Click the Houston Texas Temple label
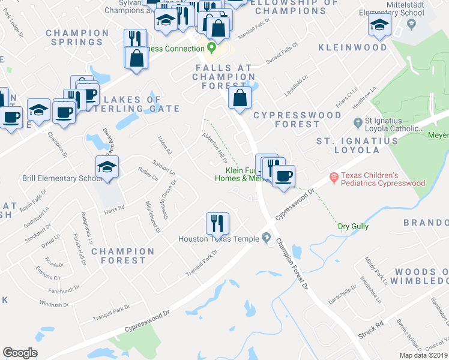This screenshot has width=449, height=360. (x=218, y=239)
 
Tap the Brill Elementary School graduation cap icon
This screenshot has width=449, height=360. (x=107, y=167)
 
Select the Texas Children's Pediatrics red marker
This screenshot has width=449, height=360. (x=334, y=178)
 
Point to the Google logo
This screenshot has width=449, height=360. (x=20, y=353)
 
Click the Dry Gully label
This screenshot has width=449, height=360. (x=353, y=227)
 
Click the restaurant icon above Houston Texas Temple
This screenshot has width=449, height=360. (x=216, y=223)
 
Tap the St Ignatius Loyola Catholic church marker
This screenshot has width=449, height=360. (x=358, y=123)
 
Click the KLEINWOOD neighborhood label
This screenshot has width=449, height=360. (x=352, y=47)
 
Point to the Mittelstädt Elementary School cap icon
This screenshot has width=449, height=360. (x=379, y=25)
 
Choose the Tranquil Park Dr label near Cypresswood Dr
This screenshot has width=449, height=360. (x=201, y=259)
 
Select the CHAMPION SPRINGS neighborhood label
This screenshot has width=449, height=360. (x=77, y=37)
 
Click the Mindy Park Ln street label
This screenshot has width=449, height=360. (x=373, y=269)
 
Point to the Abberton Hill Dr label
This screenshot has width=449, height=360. (x=215, y=148)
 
